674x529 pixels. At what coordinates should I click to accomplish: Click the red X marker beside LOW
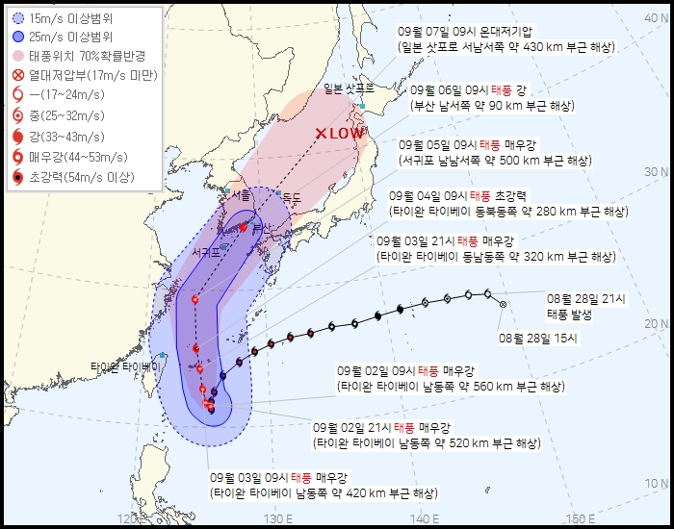[323, 134]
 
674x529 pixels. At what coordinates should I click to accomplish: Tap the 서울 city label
[215, 193]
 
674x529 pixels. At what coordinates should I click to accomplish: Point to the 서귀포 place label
[206, 252]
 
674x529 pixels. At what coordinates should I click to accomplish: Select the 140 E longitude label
[424, 519]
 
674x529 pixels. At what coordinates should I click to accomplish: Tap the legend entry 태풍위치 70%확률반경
[87, 55]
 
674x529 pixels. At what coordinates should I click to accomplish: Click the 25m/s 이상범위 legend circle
[19, 35]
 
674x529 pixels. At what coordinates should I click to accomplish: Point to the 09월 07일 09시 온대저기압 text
[464, 31]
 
